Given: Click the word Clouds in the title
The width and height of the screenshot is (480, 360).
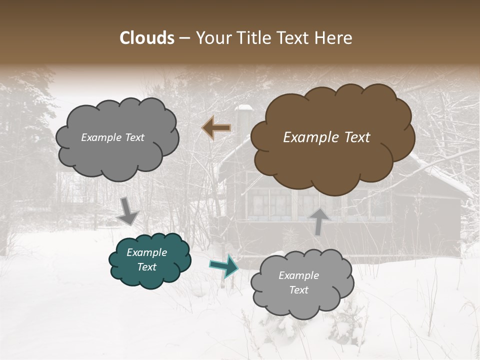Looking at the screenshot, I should tap(147, 38).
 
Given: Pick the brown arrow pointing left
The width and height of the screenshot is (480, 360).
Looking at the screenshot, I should tap(216, 127).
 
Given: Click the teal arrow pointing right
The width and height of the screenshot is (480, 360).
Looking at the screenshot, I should tap(224, 266).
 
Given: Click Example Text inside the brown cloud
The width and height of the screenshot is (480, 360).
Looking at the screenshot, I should tap(326, 137).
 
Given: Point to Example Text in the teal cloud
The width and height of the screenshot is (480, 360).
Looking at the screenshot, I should tap(146, 260).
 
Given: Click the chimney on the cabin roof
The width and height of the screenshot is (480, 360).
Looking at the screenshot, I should tap(244, 120).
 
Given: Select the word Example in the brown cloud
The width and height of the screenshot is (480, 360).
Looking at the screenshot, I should tap(307, 137).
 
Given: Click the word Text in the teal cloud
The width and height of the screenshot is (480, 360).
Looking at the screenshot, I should tap(146, 267).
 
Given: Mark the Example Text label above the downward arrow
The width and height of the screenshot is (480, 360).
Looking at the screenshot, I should tap(112, 137).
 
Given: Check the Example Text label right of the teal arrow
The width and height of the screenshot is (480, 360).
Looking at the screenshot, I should tap(298, 282).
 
